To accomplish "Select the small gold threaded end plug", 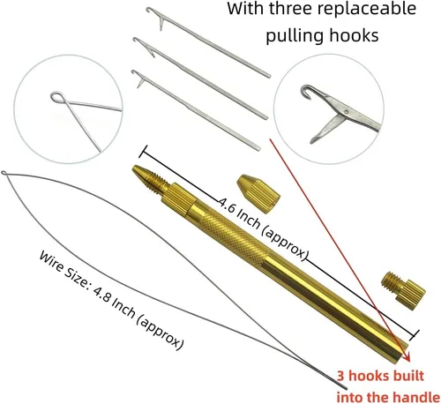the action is click(x=403, y=290).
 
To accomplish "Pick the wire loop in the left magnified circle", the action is click(x=57, y=97).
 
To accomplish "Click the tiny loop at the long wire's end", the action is click(x=4, y=173).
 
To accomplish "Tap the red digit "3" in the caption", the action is click(x=340, y=376).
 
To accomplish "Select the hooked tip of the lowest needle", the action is click(x=134, y=72).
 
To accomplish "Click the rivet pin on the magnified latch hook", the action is click(x=346, y=111).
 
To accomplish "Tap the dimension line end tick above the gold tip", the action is click(x=144, y=152).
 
